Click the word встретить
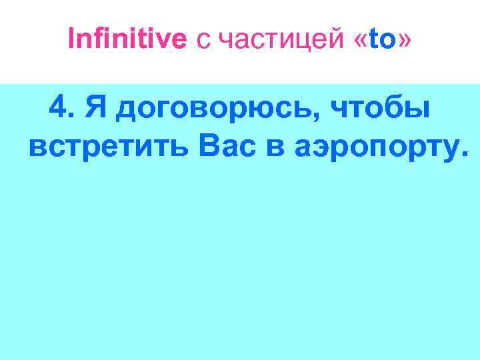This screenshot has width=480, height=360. coord(110,143)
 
